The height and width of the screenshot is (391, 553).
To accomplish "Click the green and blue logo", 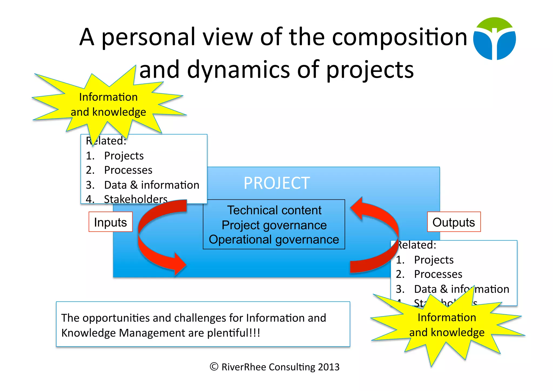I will tap(494, 39).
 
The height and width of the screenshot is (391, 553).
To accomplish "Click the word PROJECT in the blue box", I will tap(276, 183).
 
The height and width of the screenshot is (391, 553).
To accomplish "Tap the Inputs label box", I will tap(110, 222).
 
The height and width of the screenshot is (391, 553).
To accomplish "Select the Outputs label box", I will tap(454, 222).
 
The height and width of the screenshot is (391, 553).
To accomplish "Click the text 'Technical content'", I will tap(274, 210).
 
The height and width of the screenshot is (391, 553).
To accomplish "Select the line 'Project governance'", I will tap(274, 225).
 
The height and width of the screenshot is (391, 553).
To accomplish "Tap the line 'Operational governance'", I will tap(274, 240).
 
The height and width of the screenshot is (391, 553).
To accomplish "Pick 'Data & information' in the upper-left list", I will tap(151, 185).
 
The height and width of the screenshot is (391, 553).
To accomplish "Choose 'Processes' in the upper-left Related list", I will tap(128, 170).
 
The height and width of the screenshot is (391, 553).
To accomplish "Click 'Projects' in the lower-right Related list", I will tap(434, 260).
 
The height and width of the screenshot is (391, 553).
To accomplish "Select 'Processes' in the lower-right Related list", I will tap(438, 274).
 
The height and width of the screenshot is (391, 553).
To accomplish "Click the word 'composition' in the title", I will tap(399, 37).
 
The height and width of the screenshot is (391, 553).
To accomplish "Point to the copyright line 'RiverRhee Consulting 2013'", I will tap(280, 367).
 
